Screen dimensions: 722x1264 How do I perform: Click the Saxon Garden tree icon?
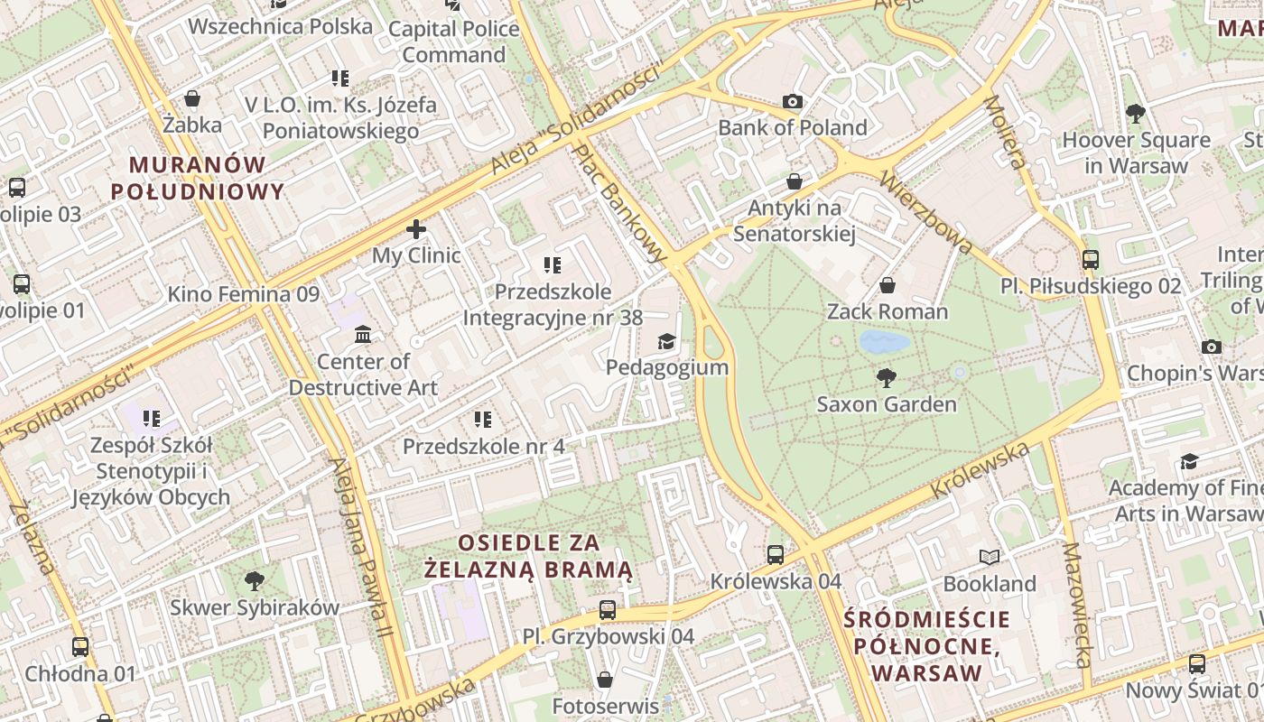pyautogui.click(x=887, y=377)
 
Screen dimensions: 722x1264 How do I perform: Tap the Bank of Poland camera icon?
pyautogui.click(x=793, y=101)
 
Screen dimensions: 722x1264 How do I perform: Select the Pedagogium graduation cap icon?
pyautogui.click(x=666, y=341)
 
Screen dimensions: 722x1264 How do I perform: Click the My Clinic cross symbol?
pyautogui.click(x=416, y=229)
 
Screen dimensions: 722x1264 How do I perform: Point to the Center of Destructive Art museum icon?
pyautogui.click(x=363, y=335)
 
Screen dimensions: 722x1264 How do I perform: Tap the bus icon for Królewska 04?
pyautogui.click(x=776, y=554)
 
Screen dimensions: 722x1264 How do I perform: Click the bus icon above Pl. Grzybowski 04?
pyautogui.click(x=608, y=610)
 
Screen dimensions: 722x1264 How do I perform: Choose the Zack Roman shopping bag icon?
pyautogui.click(x=888, y=285)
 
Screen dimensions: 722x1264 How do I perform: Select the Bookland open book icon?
pyautogui.click(x=990, y=557)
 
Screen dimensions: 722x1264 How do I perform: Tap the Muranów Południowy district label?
pyautogui.click(x=198, y=178)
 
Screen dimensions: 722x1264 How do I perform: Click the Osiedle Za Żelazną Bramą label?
pyautogui.click(x=529, y=556)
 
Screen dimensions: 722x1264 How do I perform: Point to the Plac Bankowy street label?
pyautogui.click(x=621, y=204)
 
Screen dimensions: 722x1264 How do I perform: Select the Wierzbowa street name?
pyautogui.click(x=926, y=210)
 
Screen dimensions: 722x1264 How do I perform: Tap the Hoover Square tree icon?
pyautogui.click(x=1136, y=114)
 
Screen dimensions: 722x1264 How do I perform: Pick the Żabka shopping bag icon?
pyautogui.click(x=192, y=97)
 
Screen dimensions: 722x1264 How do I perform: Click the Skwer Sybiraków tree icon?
pyautogui.click(x=255, y=580)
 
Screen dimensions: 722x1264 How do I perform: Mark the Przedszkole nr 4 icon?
pyautogui.click(x=483, y=420)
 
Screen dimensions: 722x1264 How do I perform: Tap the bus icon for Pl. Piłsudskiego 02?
pyautogui.click(x=1091, y=260)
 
